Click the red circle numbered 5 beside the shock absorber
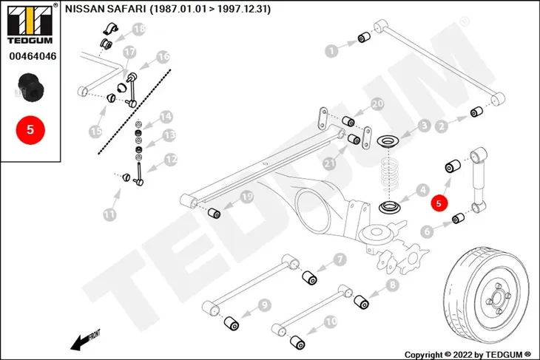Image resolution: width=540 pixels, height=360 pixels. coord(439,203)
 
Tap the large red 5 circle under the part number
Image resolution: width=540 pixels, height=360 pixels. coord(30,130)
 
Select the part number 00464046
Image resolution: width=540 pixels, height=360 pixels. coord(33,56)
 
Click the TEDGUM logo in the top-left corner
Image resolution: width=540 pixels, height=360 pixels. coord(30,24)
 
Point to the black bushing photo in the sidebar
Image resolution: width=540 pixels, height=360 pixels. coord(31,88)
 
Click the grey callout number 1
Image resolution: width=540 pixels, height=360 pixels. coord(331,51)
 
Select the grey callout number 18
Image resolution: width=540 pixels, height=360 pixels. coord(139,29)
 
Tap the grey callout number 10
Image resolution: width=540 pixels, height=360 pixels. coord(331,322)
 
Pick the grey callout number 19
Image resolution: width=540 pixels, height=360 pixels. coord(246,197)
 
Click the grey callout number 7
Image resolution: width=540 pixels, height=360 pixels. coord(340,259)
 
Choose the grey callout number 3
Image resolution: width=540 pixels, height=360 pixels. coord(425,126)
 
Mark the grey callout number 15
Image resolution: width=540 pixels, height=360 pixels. coord(95,131)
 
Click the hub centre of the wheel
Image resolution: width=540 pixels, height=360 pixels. coord(496,299)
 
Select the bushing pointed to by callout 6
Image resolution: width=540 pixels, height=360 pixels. coord(458,218)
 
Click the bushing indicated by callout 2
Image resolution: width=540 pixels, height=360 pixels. coord(476,112)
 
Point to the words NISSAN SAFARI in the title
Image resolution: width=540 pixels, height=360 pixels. coord(105,10)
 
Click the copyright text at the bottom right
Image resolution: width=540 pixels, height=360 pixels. coord(468,355)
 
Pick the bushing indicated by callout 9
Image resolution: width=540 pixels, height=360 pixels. coord(232,324)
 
